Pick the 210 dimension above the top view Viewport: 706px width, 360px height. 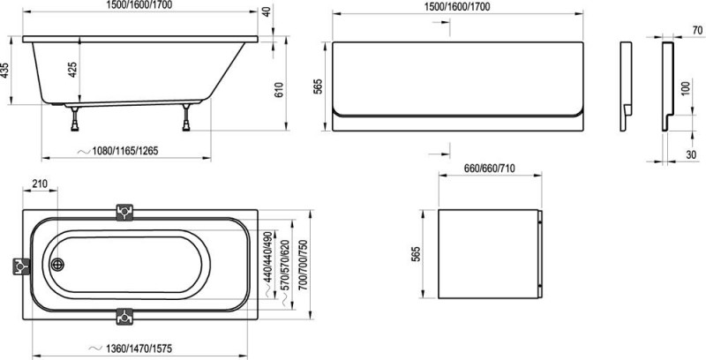(40, 184)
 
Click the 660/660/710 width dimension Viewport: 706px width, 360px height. (490, 169)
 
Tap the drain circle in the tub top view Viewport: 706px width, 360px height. (59, 265)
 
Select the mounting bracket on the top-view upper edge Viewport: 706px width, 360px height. (126, 212)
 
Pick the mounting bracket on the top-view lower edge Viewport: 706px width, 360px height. (126, 316)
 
